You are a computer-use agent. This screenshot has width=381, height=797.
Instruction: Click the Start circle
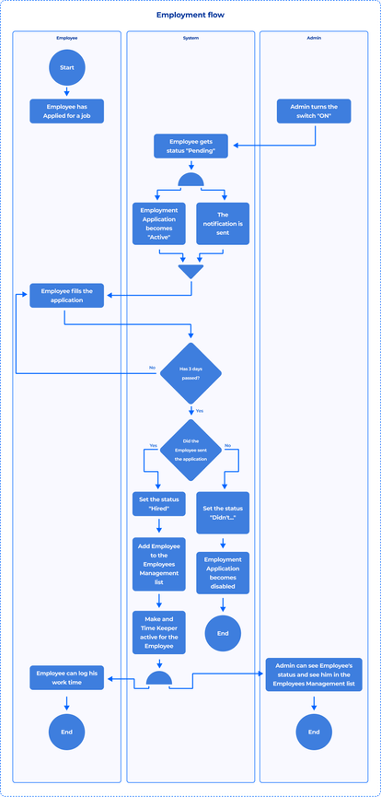(67, 67)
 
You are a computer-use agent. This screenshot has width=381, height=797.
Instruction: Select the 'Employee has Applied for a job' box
(67, 111)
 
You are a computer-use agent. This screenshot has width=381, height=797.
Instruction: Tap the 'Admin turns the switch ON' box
(313, 111)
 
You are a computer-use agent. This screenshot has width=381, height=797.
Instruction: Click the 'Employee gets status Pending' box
(190, 146)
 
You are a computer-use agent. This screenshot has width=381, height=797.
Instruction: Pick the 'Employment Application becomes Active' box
(158, 223)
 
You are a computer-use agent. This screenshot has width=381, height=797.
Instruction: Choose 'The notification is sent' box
(223, 223)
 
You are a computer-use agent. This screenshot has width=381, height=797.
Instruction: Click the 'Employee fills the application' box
(67, 295)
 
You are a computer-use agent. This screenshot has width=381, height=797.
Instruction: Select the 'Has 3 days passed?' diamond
(191, 373)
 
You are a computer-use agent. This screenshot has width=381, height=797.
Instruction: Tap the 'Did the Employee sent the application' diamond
(191, 450)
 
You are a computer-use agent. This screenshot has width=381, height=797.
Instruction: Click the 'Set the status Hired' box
(160, 504)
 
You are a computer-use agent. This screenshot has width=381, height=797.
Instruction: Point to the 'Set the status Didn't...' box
(223, 513)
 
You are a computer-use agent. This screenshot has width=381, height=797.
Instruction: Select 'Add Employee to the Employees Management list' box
(160, 564)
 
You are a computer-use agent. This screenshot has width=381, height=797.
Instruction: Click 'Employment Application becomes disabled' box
(223, 572)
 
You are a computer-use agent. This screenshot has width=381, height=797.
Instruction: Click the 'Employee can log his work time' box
(67, 678)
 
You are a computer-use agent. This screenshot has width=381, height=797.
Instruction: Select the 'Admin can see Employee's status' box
(313, 674)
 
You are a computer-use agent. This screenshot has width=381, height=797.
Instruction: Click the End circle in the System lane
(223, 634)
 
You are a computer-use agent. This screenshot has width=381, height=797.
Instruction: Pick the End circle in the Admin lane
(313, 732)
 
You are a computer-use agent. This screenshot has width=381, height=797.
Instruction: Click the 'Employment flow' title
(190, 16)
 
